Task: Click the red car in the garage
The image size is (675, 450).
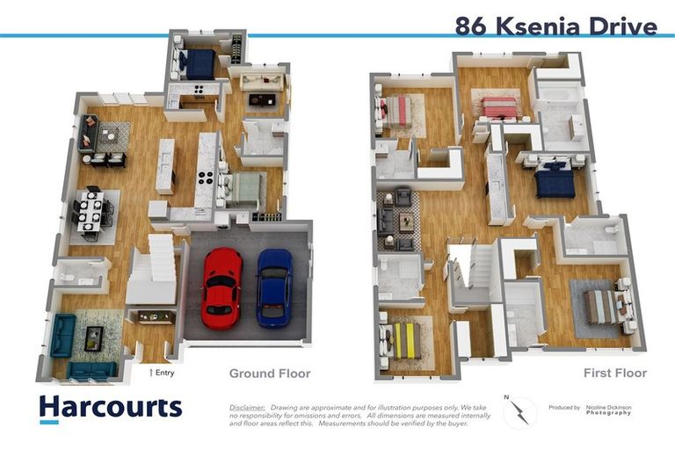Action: [x=221, y=287]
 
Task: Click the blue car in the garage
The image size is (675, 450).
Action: [x=274, y=287]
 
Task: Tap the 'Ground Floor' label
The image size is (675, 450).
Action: [x=270, y=374]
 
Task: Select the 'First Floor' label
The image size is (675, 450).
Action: [x=614, y=374]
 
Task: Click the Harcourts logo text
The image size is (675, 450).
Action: [x=111, y=406]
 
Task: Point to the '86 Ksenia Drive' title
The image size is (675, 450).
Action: [x=555, y=26]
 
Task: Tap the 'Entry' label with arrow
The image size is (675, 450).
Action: [x=162, y=373]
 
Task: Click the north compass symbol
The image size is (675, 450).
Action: [x=519, y=410]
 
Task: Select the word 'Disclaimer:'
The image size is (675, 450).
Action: [x=247, y=408]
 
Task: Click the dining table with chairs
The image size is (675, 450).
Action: [x=92, y=214]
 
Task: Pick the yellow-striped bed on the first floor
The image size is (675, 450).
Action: [x=405, y=340]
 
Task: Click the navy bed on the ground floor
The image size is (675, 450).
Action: [x=200, y=63]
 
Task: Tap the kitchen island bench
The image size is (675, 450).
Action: [x=165, y=165]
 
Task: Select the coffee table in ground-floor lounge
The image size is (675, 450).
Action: [x=93, y=337]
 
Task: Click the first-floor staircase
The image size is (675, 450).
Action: [x=462, y=273]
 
